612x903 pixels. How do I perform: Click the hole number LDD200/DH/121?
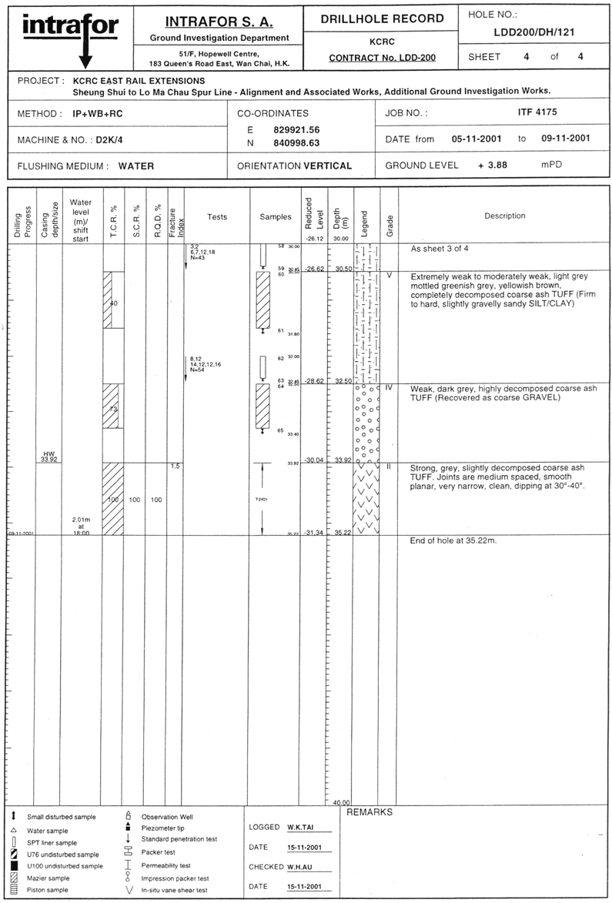coord(533,32)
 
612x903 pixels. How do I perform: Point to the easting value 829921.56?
coord(296,129)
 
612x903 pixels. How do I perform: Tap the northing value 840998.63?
coord(296,142)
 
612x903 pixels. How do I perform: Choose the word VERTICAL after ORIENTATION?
coord(328,166)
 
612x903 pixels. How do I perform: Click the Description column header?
coord(504,216)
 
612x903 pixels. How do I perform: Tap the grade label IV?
coord(389,388)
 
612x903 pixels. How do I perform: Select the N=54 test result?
coord(196,370)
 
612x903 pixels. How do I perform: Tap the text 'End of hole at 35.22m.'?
coord(453,541)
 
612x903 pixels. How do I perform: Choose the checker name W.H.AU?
coord(299,867)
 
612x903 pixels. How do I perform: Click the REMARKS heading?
coord(370,812)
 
